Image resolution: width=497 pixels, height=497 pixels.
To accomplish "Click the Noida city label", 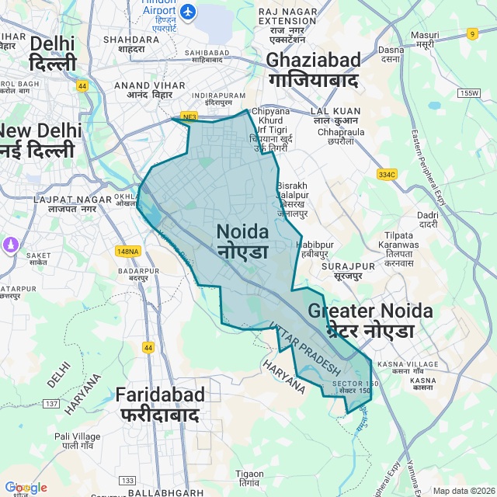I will [242, 241].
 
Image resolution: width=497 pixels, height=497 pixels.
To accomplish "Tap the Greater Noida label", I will [370, 320].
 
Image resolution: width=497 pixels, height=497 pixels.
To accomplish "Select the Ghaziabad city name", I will [313, 69].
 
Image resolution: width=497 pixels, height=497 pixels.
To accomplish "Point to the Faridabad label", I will [160, 404].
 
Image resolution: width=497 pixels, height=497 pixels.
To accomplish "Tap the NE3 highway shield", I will [188, 117].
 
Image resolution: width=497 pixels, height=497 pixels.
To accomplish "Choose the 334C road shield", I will [387, 175].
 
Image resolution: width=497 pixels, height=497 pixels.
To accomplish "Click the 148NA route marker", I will [127, 251].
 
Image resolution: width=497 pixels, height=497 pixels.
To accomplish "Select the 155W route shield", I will [470, 93].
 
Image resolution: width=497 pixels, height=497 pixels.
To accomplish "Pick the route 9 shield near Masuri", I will [472, 33].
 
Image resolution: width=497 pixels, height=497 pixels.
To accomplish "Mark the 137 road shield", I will [51, 404].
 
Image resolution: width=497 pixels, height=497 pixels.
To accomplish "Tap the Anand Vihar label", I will [142, 91].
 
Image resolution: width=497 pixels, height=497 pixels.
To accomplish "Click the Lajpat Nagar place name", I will [65, 204].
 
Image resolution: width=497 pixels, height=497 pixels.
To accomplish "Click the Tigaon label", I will [249, 478].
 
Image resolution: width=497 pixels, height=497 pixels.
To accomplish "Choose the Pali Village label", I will [77, 441].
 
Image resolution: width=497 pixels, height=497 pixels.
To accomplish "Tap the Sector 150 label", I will [354, 387].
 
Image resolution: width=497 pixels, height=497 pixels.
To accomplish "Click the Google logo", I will [25, 487].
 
